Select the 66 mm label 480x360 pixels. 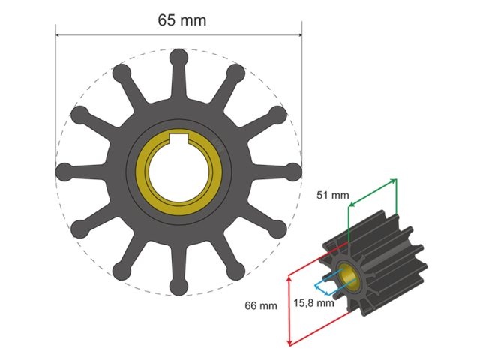[261, 305]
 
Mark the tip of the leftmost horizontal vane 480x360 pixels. [65, 171]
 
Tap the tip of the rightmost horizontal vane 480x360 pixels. [293, 171]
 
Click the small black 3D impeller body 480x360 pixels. [382, 262]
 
